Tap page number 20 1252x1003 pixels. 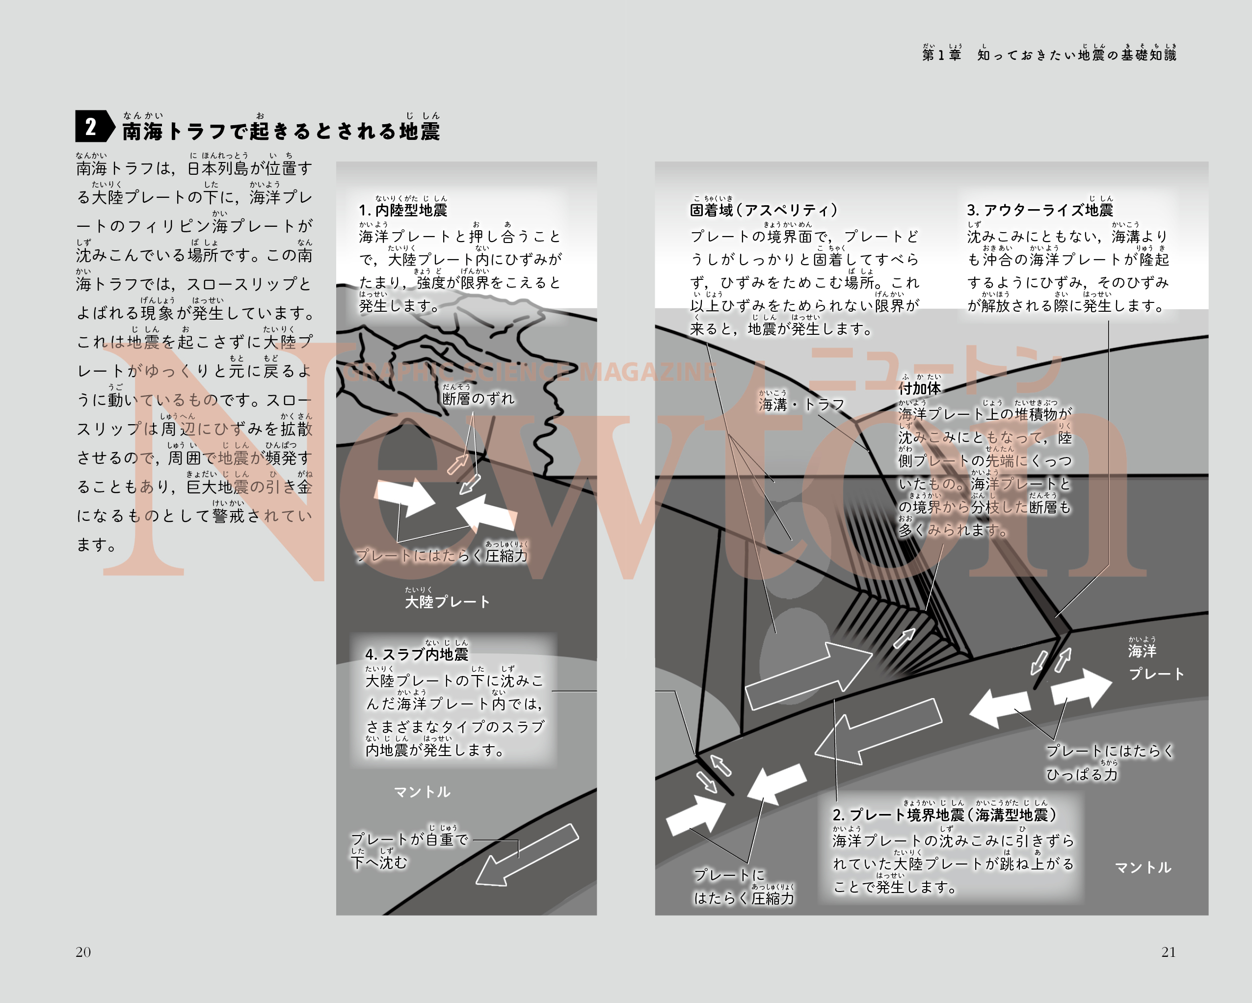pos(83,952)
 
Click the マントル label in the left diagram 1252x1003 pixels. pos(422,791)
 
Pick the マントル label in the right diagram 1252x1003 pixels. pos(1143,867)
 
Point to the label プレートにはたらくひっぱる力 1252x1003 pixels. pos(1110,762)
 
